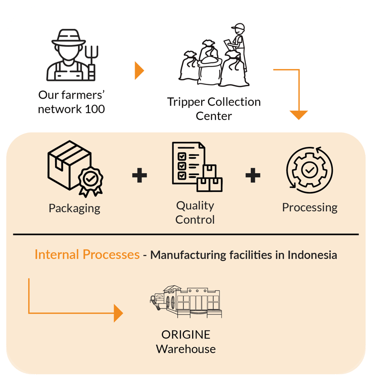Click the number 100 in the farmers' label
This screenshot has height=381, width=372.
pos(94,109)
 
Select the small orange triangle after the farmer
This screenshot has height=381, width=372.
pos(139,71)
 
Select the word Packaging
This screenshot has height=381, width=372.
pos(74,208)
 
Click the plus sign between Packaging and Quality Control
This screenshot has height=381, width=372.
pos(140,175)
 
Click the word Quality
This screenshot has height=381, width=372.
pos(195,205)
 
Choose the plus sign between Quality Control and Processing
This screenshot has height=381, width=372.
pos(253,175)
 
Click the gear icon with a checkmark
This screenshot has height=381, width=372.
pos(309,170)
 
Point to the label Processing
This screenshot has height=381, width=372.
pos(309,207)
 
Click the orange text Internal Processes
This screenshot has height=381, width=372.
pos(87,255)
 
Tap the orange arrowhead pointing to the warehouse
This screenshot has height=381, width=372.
pos(118,313)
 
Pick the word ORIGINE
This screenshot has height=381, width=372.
pos(186,334)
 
